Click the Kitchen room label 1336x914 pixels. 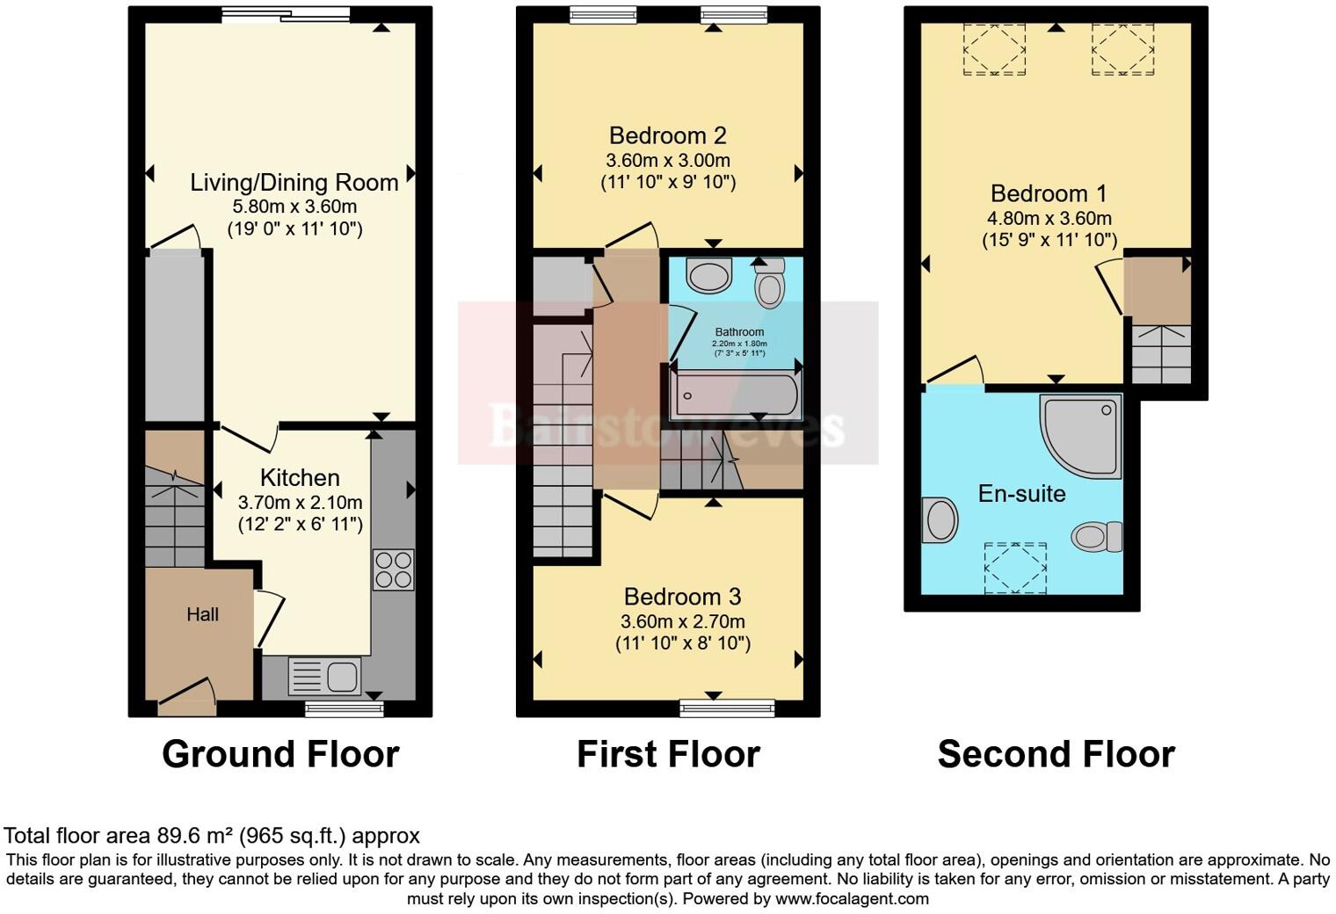[300, 478]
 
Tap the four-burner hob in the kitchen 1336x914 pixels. [393, 569]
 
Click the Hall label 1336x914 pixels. [202, 614]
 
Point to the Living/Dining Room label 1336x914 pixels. [294, 183]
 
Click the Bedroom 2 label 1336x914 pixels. [668, 136]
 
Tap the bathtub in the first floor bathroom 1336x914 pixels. [734, 396]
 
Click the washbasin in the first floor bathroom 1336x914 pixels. [709, 275]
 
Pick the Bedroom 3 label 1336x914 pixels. [683, 598]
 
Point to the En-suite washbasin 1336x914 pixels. [940, 520]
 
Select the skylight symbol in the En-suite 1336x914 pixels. [1016, 569]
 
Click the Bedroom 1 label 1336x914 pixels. [1049, 194]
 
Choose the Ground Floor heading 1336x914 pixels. [280, 755]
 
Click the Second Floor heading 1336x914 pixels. [1056, 755]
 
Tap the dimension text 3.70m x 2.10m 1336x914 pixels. [300, 504]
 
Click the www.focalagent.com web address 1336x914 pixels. [851, 899]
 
